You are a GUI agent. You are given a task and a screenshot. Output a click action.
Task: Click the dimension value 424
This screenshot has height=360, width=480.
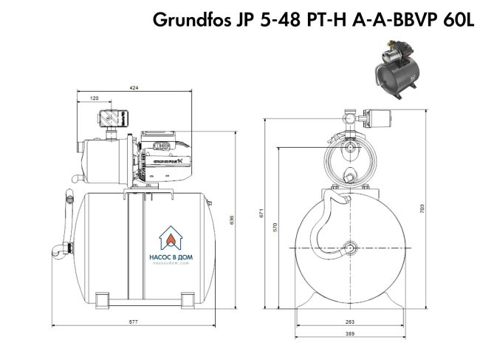click(134, 88)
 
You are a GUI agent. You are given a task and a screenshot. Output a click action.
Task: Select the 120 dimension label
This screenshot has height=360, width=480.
click(95, 98)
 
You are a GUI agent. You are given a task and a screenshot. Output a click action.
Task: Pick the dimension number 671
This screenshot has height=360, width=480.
click(261, 214)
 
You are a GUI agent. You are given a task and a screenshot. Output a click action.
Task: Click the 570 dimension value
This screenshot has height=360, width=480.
click(275, 227)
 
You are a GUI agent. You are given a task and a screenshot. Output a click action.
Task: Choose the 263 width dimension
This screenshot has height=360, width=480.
click(349, 322)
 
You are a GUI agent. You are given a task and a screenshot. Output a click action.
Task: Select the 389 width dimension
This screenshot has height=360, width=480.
click(349, 335)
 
